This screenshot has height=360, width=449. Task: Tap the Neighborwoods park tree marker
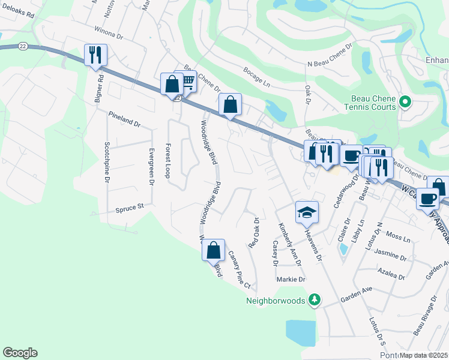tap(314, 299)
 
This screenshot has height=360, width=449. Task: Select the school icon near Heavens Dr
tap(307, 212)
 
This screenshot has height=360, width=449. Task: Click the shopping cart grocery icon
tap(187, 80)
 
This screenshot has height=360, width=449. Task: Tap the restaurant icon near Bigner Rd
tap(95, 55)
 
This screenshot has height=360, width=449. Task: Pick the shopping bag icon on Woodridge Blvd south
tap(213, 250)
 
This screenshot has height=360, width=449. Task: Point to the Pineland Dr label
tap(124, 119)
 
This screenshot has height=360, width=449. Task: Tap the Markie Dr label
tap(291, 280)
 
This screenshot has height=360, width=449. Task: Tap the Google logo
tap(20, 353)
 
